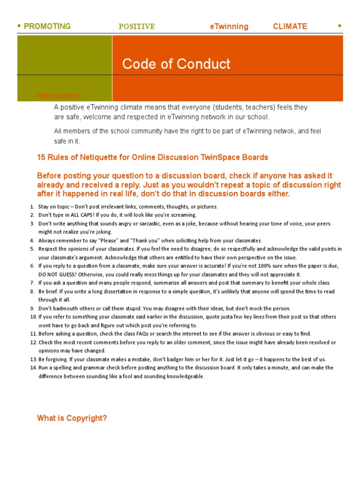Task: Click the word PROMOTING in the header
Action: coord(47,26)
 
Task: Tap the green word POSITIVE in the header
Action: coord(136,27)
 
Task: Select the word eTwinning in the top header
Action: coord(229,26)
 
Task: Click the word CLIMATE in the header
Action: coord(290,26)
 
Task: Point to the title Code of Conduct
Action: coord(176,64)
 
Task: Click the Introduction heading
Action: coord(59,96)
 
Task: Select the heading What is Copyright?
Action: coord(72,418)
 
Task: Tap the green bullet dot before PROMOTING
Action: coord(19,26)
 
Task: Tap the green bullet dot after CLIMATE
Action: coord(339,26)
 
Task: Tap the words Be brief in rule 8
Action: coord(47,292)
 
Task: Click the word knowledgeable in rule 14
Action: coord(182,376)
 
